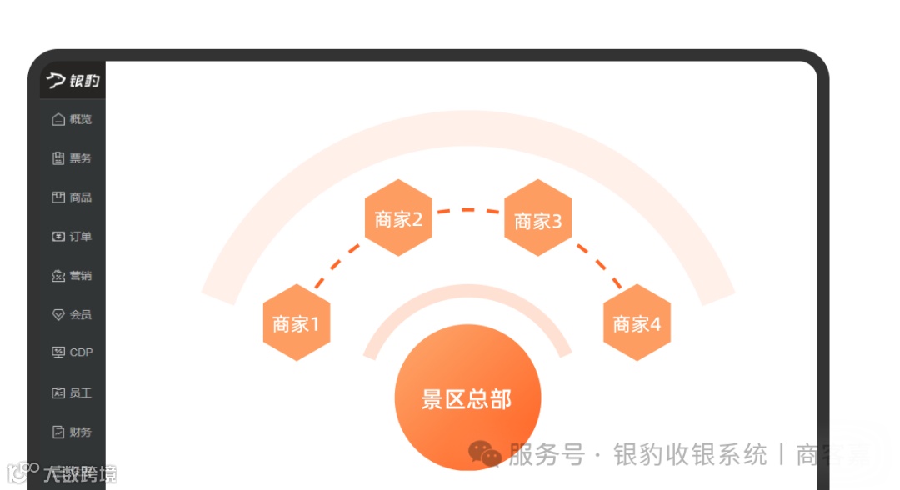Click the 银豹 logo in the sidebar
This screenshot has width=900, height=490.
coord(72,81)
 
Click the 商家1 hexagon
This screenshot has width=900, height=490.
coord(297,323)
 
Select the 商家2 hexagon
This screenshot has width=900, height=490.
coord(398,218)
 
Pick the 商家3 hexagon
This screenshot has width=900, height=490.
coord(538,220)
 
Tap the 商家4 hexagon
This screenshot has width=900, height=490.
coord(637,323)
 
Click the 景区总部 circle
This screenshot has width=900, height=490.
coord(467,398)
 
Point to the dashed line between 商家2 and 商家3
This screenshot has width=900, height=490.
coord(468,210)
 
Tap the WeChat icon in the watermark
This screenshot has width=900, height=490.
coord(485,454)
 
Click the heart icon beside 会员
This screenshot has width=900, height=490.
coord(58,315)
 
